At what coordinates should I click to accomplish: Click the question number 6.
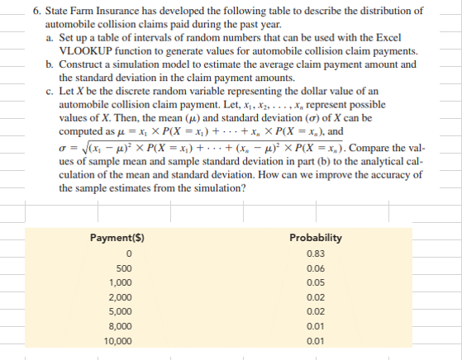click(x=37, y=12)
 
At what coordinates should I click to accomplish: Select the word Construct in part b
click(x=83, y=64)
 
